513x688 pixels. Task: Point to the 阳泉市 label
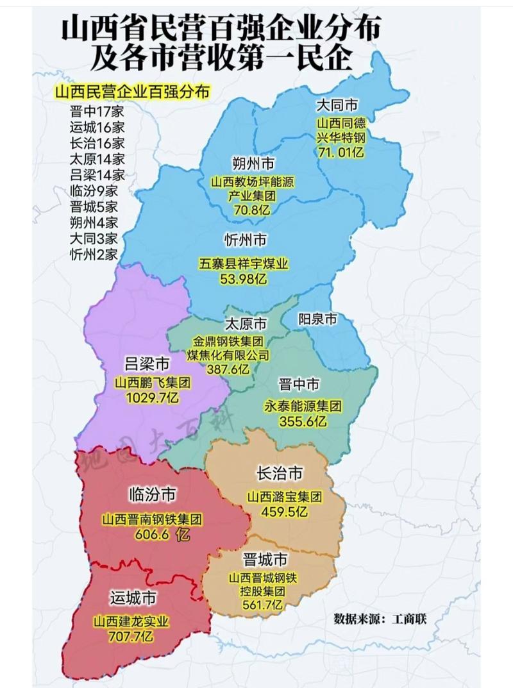318,319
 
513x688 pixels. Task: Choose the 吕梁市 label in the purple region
147,365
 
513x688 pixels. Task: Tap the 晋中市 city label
299,385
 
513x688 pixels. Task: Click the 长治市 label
279,473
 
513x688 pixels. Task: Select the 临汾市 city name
151,494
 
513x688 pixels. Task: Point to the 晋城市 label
264,558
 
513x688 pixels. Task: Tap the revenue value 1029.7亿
153,398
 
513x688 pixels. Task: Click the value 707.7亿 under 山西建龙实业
131,637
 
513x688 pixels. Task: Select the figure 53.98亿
242,279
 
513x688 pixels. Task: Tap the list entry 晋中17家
97,110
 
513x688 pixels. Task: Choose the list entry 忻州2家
94,255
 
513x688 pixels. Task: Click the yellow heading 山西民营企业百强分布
132,91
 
